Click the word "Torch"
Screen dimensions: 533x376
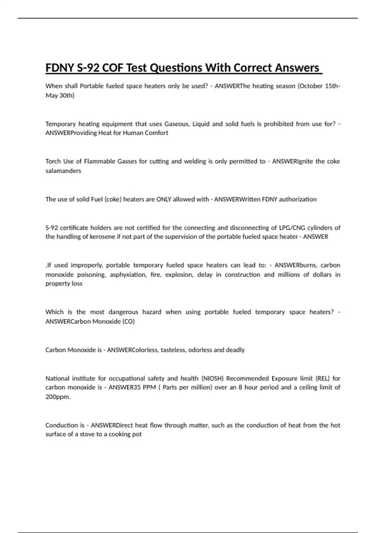pos(53,161)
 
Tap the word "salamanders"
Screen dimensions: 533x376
pos(63,171)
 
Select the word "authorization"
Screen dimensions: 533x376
pos(298,199)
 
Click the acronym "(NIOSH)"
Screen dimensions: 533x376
pos(212,378)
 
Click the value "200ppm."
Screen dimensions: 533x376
pos(58,397)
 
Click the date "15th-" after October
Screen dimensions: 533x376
pos(332,86)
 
